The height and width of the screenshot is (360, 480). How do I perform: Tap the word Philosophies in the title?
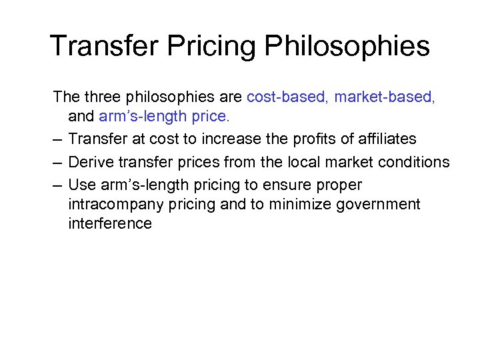click(x=347, y=46)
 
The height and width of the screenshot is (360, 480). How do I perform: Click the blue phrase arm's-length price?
click(x=164, y=117)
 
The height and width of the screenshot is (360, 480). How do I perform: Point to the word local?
click(x=303, y=162)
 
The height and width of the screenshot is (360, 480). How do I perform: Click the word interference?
click(x=109, y=224)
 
